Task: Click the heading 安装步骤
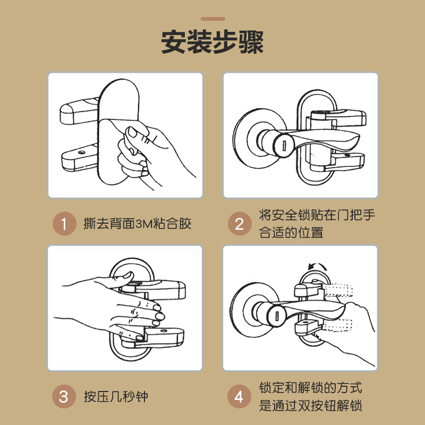212,42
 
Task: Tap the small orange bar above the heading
213,19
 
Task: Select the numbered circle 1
64,224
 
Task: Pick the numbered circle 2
240,224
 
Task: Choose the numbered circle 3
64,396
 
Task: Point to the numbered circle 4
239,396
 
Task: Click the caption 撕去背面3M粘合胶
138,224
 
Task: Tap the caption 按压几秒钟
116,396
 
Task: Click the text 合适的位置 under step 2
291,232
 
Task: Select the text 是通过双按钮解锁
311,405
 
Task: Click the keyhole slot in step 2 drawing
284,146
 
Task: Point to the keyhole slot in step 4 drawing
277,316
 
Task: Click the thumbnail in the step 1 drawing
132,132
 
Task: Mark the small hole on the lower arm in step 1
81,152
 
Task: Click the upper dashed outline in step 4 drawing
338,290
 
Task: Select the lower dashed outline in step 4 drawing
337,325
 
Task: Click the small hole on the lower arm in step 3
164,330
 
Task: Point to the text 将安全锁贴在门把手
317,215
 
